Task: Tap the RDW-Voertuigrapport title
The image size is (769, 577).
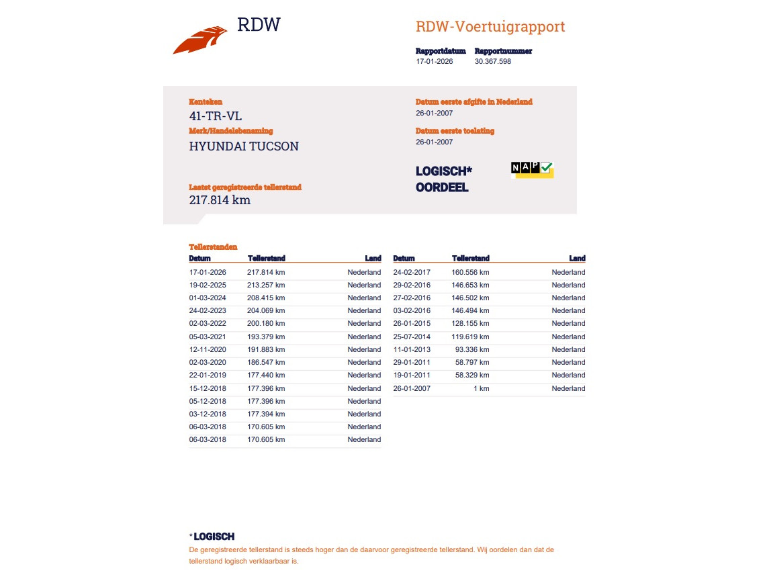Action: tap(490, 27)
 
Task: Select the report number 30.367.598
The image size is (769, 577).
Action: tap(492, 61)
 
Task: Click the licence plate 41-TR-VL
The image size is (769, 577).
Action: tap(215, 116)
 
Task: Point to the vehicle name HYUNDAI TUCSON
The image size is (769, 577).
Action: tap(244, 146)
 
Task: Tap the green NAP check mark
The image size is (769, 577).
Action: tap(547, 168)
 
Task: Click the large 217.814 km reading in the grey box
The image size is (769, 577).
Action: tap(220, 199)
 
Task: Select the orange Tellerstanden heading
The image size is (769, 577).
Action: tap(213, 247)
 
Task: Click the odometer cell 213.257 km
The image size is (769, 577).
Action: tap(266, 285)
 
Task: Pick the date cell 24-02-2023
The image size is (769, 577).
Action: tap(208, 311)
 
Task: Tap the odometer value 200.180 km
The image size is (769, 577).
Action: tap(266, 324)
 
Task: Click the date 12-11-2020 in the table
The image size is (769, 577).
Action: tap(208, 349)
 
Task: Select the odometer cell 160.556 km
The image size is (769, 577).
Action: tap(470, 272)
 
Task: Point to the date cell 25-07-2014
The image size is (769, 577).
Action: tap(412, 337)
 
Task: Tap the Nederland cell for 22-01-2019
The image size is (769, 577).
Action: tap(364, 375)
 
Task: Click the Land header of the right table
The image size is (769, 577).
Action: tap(577, 259)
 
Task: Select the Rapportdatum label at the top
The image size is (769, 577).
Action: tap(441, 51)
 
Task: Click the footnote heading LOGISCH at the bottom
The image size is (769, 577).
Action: tap(214, 537)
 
